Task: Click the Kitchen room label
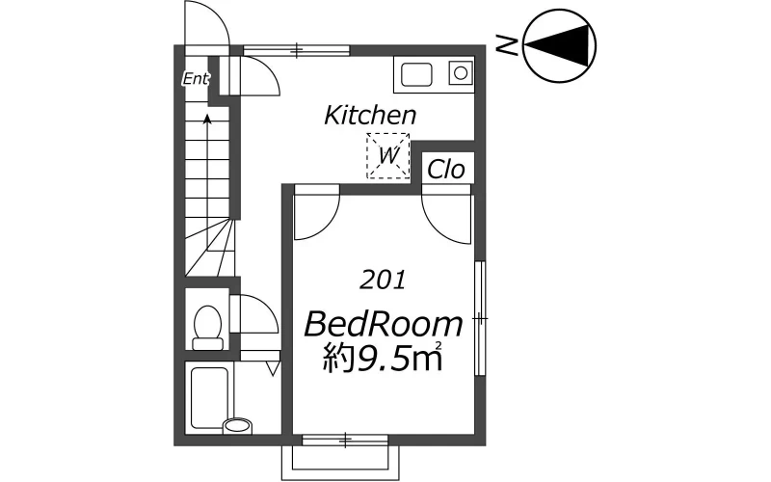coord(370,116)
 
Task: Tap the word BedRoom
coord(384,325)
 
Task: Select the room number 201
coord(383,280)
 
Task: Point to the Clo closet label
coord(446,170)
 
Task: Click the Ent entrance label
coord(196,79)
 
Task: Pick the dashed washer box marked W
coord(388,156)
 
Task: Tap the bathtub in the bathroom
coord(208,398)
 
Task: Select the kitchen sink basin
coord(416,75)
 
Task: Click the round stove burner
coord(461,74)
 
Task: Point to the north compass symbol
coord(559,44)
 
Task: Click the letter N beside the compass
coord(507,44)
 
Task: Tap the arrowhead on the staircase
coord(207,119)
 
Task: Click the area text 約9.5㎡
coord(383,358)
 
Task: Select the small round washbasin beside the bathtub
coord(237,425)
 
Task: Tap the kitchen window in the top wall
coord(297,50)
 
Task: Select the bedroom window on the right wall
coord(480,319)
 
